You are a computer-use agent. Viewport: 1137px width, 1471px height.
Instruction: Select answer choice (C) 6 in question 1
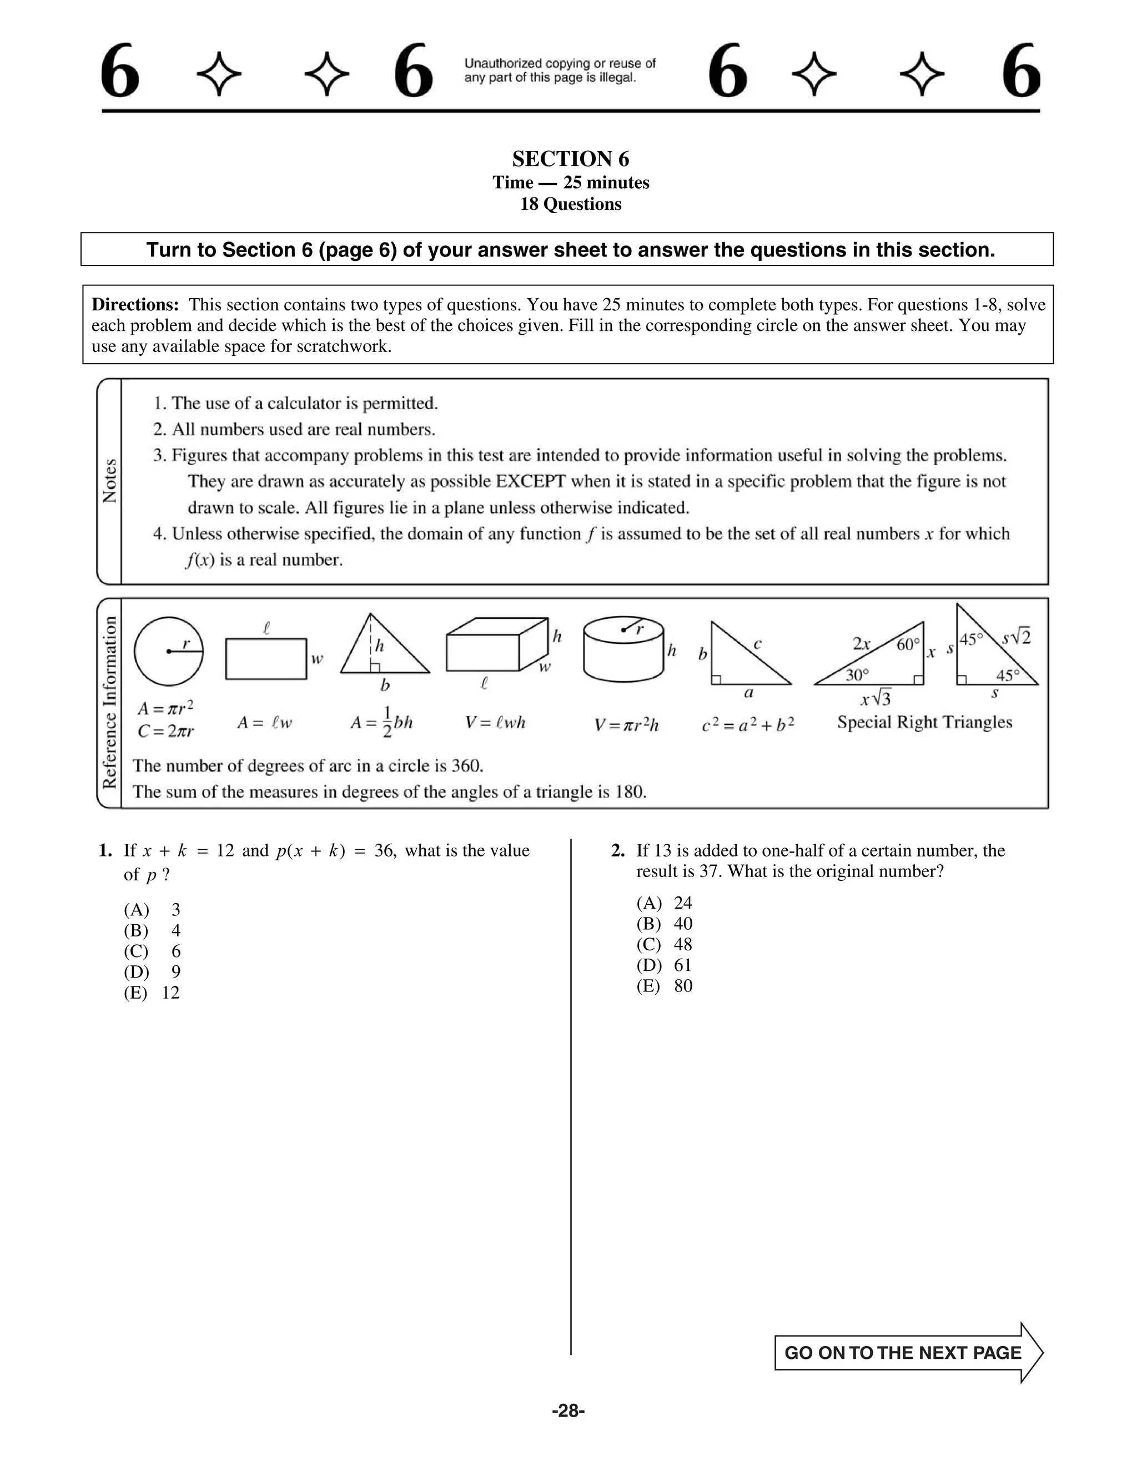(x=152, y=951)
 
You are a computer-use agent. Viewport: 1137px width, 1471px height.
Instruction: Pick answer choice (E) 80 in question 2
(x=664, y=986)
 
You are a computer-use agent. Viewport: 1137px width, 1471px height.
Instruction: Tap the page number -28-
(x=568, y=1410)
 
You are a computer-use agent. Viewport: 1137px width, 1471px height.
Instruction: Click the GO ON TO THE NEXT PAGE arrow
(x=908, y=1352)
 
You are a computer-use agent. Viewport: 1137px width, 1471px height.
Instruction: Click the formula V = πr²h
(x=626, y=725)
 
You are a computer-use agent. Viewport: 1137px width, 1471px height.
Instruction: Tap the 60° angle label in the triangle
(x=908, y=644)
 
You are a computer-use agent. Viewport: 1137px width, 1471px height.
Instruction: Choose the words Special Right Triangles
(x=924, y=722)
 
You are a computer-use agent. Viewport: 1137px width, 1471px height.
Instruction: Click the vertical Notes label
(x=109, y=480)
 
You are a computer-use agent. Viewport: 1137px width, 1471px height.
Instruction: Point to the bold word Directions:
(x=135, y=304)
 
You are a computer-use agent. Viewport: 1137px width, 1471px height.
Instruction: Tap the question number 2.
(x=618, y=850)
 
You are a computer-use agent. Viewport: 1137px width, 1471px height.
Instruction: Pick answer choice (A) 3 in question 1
(x=152, y=910)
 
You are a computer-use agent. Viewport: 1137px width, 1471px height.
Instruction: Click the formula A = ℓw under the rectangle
(x=264, y=723)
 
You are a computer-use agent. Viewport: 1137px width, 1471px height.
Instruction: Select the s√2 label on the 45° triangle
(x=1016, y=637)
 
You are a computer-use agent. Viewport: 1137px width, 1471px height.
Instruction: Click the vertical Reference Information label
(x=109, y=703)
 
